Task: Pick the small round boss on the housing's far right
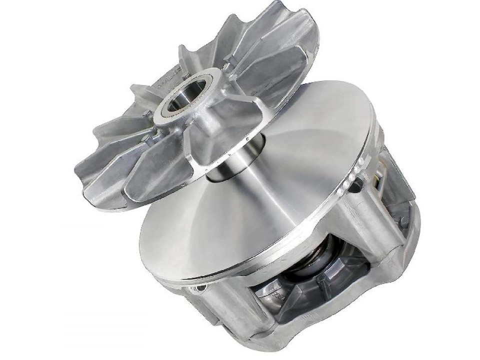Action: [404, 220]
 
